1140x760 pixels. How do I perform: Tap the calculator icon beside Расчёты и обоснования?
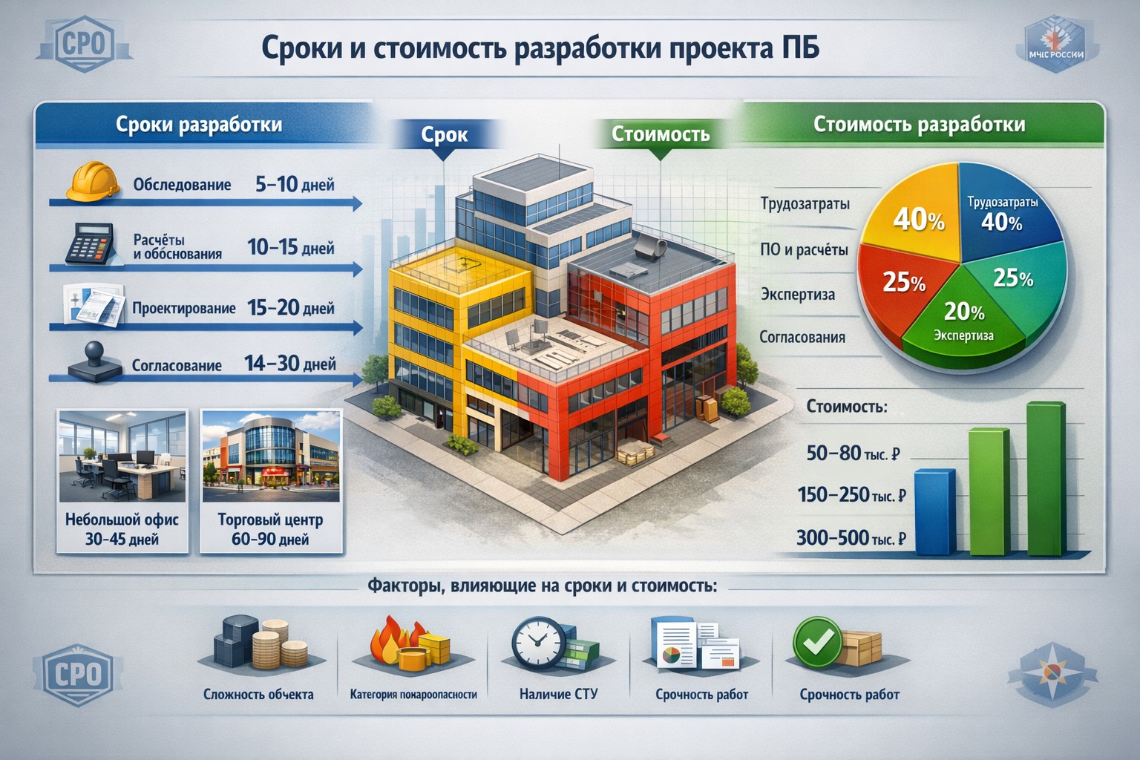(88, 243)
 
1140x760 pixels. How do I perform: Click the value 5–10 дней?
(294, 184)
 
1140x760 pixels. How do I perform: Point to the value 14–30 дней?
(289, 364)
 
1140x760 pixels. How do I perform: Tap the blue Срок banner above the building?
(444, 134)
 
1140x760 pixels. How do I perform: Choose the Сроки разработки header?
(199, 124)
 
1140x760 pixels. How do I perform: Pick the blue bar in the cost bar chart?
(934, 512)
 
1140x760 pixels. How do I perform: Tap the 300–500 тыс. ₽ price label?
(851, 537)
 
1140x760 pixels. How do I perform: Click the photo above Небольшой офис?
(122, 456)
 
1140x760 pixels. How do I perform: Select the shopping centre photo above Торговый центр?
(271, 456)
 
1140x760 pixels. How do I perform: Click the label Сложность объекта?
(258, 695)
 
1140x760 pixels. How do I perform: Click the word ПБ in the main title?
(799, 49)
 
